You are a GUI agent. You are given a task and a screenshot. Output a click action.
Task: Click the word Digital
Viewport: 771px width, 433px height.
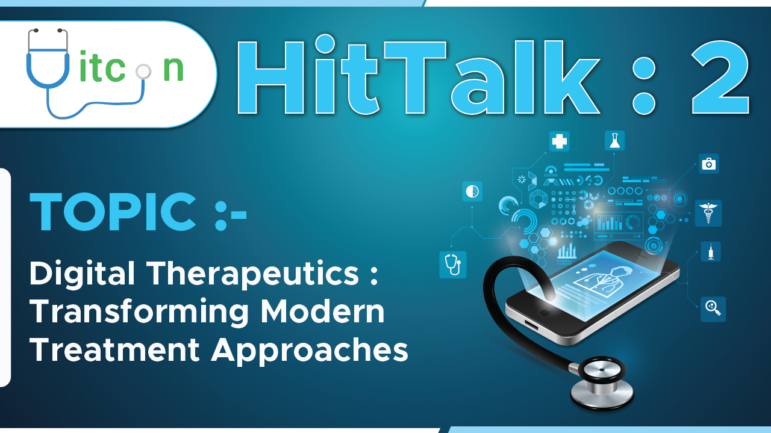pyautogui.click(x=83, y=274)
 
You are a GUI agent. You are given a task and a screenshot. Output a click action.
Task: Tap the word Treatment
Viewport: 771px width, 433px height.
pyautogui.click(x=114, y=350)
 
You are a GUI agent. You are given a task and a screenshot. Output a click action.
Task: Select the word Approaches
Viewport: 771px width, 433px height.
pyautogui.click(x=310, y=350)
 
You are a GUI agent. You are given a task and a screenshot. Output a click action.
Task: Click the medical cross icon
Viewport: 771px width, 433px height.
pyautogui.click(x=560, y=141)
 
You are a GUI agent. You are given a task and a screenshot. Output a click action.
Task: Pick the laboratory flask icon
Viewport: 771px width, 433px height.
pyautogui.click(x=614, y=141)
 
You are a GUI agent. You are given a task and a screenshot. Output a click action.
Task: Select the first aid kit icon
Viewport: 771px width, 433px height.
pyautogui.click(x=709, y=164)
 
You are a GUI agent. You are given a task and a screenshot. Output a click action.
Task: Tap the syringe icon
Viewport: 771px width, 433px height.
pyautogui.click(x=711, y=251)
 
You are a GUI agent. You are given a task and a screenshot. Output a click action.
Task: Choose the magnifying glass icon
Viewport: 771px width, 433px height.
pyautogui.click(x=713, y=309)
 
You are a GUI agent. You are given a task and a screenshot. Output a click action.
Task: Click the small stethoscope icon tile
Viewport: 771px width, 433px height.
pyautogui.click(x=452, y=264)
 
